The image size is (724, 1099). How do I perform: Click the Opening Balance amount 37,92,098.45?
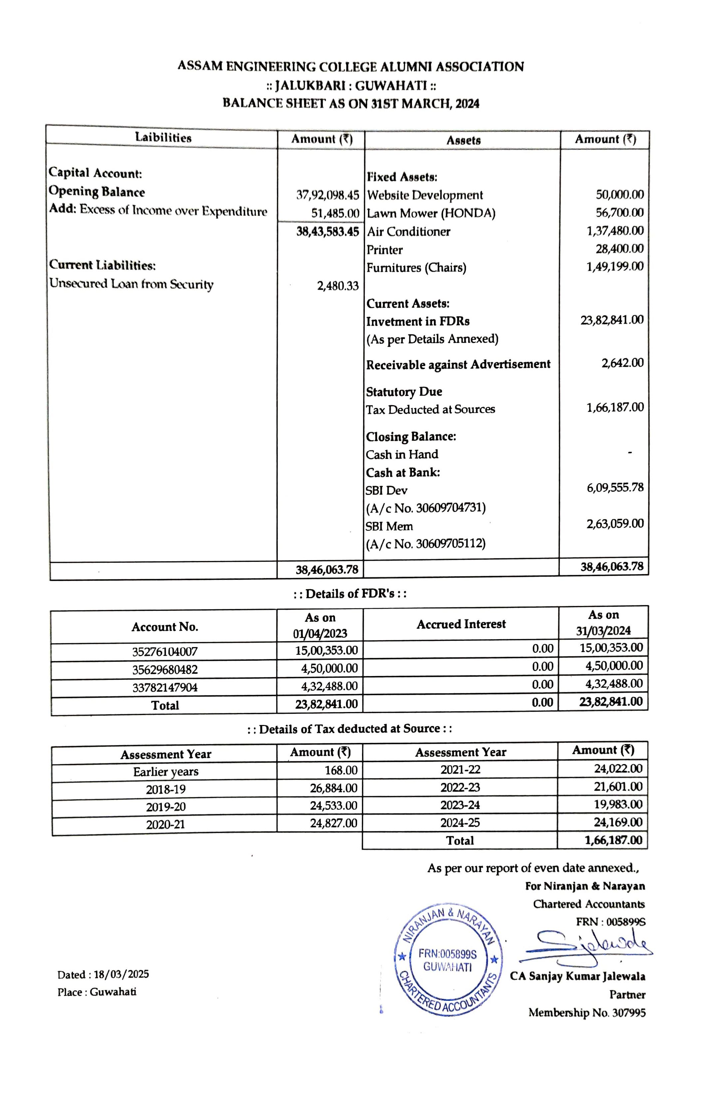(327, 195)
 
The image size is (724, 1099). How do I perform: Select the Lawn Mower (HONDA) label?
(431, 213)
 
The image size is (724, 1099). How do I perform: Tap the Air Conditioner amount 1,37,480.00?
(614, 230)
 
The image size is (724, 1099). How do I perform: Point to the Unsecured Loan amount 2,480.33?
(338, 286)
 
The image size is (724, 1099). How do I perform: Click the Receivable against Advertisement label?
(458, 364)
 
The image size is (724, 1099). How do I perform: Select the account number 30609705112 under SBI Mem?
(450, 544)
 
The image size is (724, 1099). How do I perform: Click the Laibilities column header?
(163, 137)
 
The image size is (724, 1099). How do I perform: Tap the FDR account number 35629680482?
(165, 669)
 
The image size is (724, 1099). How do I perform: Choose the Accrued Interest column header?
(461, 624)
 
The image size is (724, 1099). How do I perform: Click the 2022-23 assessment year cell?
(460, 787)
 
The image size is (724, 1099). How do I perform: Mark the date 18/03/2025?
(121, 974)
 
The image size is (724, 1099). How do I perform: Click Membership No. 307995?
(586, 1013)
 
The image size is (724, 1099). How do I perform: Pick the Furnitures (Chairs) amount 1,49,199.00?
(614, 266)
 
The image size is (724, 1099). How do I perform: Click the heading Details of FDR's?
(350, 593)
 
